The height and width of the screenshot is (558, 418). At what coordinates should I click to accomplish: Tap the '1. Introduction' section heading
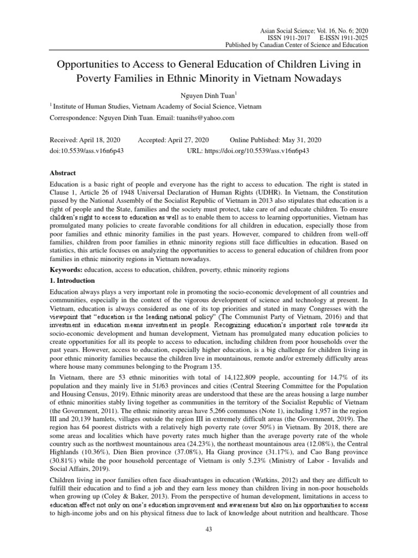click(72, 281)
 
